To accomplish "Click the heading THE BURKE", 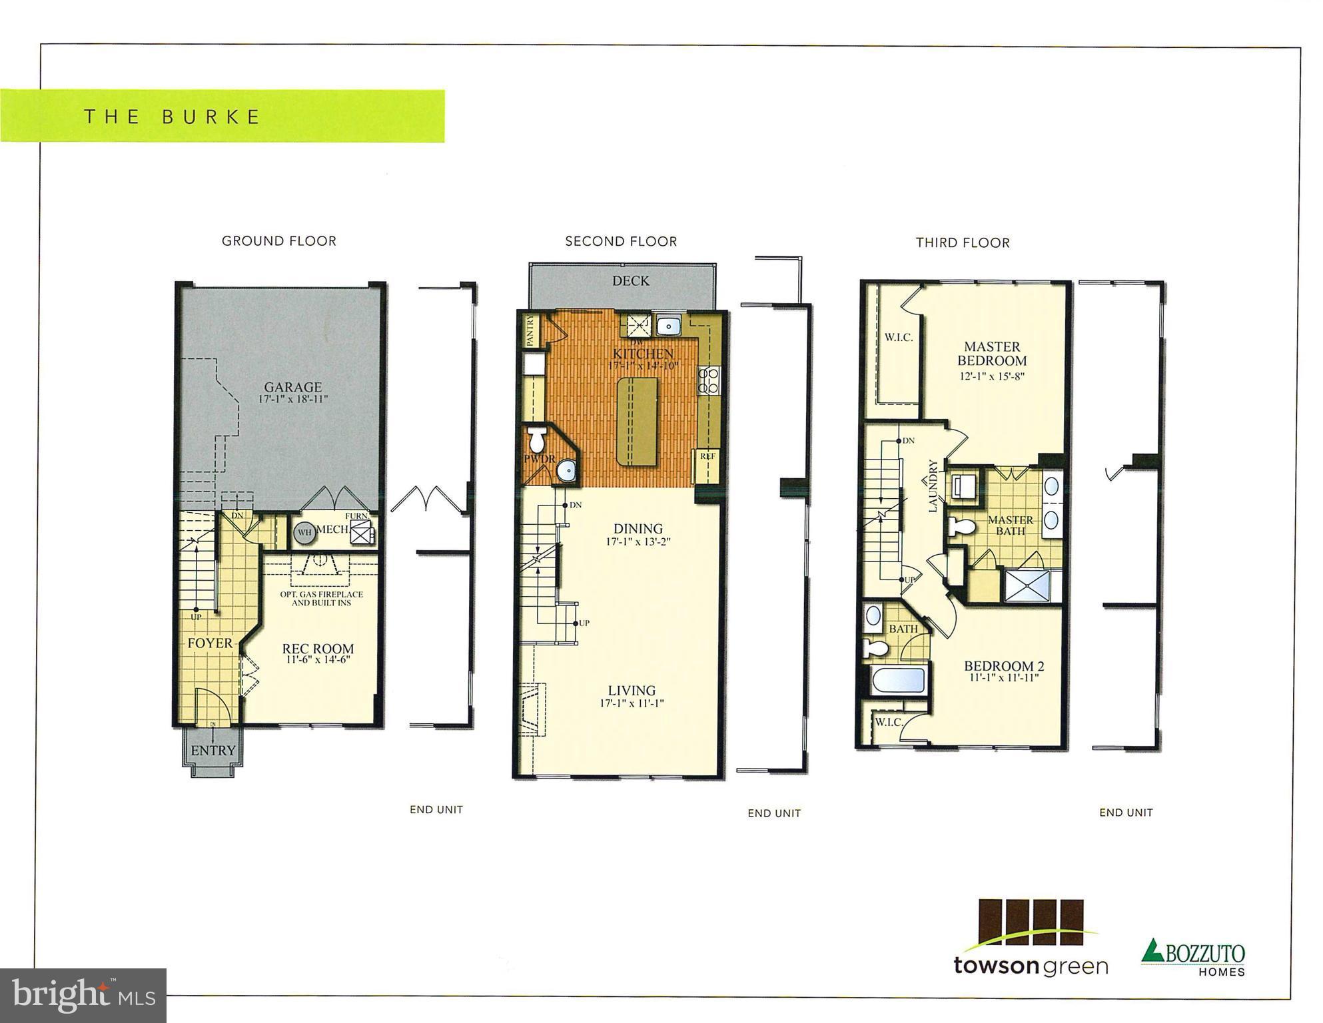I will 172,117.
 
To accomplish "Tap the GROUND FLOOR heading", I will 278,241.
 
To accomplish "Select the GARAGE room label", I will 292,387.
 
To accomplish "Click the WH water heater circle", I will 304,532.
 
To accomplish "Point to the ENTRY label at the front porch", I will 213,751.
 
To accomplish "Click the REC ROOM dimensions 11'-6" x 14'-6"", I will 318,660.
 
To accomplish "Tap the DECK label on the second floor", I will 630,281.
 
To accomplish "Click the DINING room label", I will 638,529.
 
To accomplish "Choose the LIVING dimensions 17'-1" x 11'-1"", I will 632,703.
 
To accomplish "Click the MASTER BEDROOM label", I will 991,354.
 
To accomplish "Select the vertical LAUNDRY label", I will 933,486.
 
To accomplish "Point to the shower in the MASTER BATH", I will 1027,586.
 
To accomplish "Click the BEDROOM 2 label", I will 1003,666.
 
